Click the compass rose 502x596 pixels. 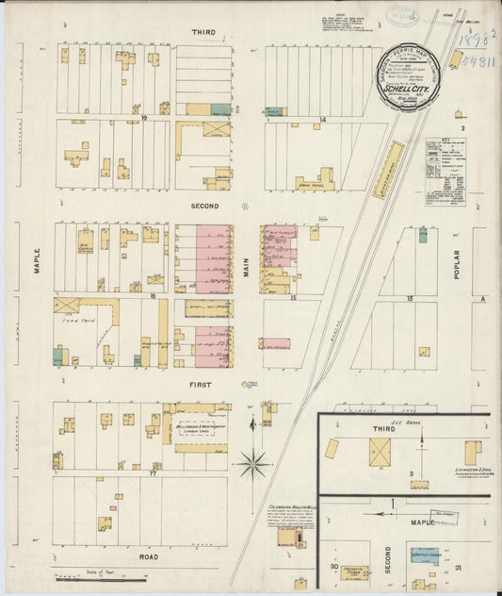pos(252,463)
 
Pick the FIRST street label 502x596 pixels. pos(202,385)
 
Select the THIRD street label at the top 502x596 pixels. pos(203,32)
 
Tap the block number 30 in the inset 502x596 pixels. pos(333,566)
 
